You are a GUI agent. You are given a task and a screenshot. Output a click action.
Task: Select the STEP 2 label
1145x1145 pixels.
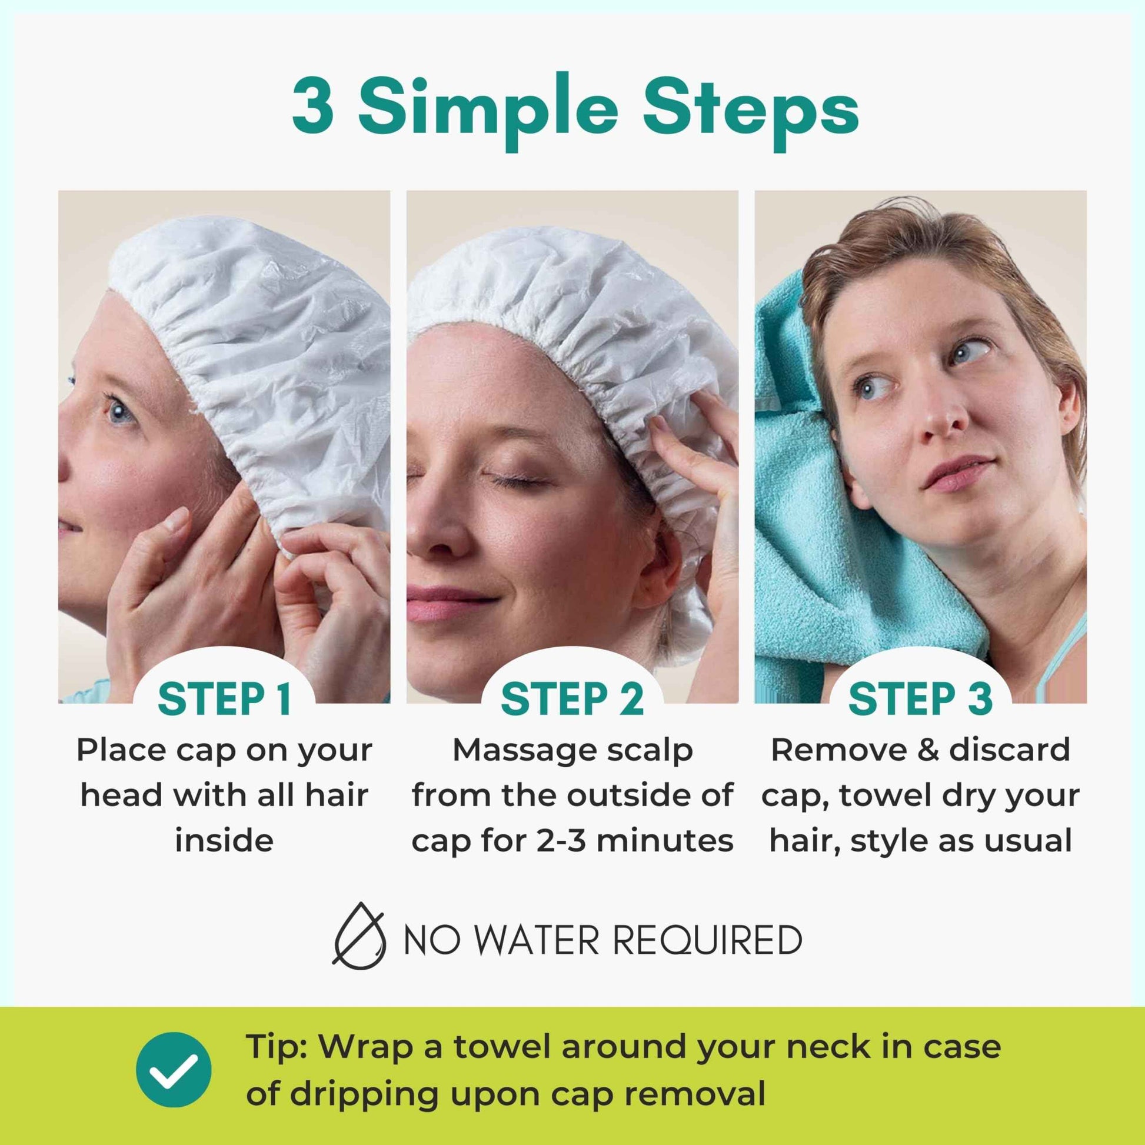pos(572,699)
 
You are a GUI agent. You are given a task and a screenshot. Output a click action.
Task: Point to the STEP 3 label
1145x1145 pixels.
pos(920,699)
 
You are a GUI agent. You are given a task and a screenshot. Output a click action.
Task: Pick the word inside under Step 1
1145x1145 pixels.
pos(224,840)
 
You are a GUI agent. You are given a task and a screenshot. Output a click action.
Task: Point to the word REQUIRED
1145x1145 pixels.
pos(706,939)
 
